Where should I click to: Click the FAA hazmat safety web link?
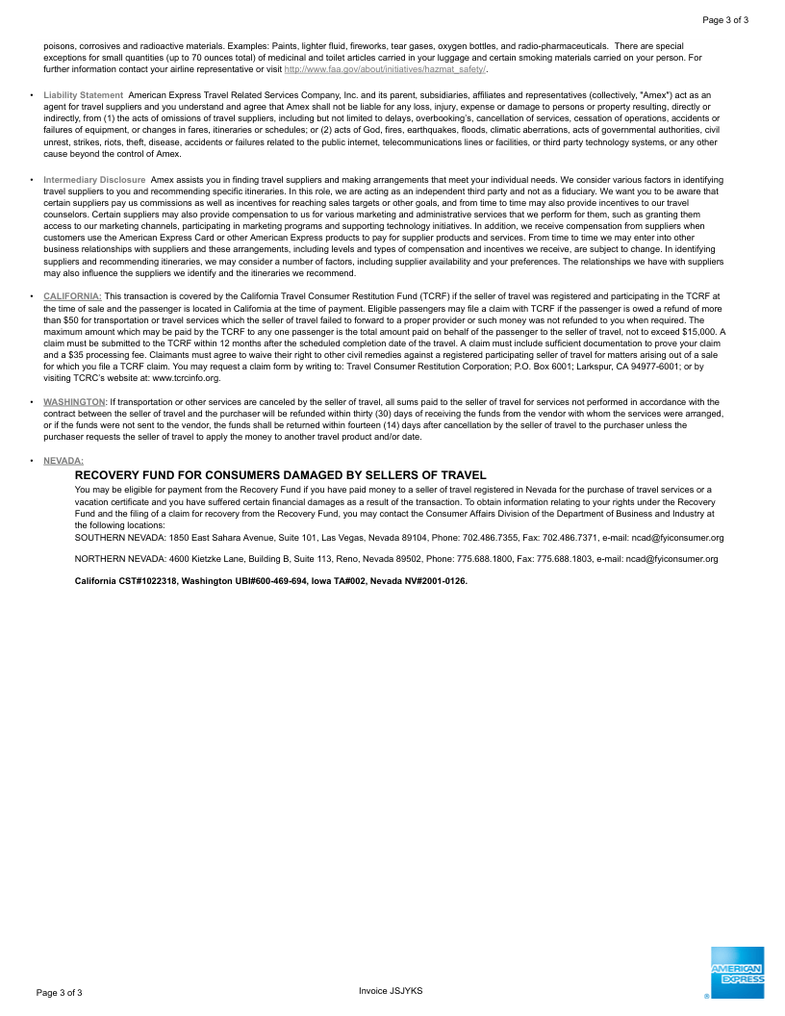click(385, 69)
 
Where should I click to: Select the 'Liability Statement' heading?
click(83, 94)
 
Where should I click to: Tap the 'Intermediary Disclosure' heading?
click(94, 180)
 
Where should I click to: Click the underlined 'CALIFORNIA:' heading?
click(72, 295)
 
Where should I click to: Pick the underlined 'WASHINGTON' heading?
click(74, 401)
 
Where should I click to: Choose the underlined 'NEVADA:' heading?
click(63, 461)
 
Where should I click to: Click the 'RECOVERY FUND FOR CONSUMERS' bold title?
click(280, 475)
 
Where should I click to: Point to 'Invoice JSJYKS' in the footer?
click(391, 991)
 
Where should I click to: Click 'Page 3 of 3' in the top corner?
click(725, 19)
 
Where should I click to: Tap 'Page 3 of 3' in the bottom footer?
click(59, 992)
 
